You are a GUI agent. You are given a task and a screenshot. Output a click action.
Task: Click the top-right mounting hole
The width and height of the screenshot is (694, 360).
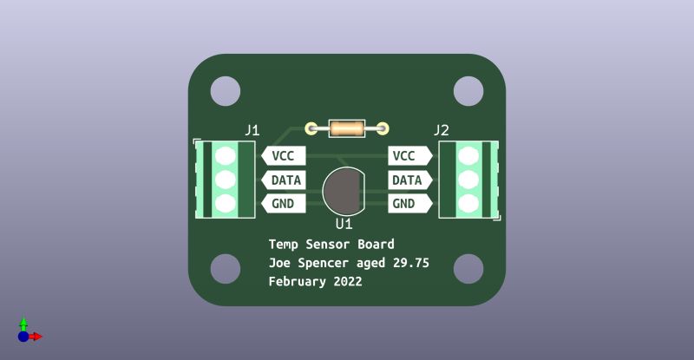point(468,91)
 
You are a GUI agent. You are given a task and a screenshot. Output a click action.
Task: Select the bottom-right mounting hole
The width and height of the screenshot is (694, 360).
point(468,269)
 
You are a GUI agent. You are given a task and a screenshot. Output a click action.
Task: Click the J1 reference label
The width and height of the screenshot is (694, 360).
point(252,130)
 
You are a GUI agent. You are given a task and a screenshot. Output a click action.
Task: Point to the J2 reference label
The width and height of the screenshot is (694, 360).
point(441,130)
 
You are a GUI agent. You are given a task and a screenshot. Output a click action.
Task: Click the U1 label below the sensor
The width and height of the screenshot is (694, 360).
point(344,224)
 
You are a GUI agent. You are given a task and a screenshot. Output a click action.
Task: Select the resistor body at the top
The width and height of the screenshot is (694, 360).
point(347,130)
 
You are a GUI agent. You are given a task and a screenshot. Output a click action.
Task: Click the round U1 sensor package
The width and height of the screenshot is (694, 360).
point(344,191)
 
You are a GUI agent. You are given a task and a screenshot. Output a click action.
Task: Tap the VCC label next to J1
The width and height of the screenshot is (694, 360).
point(283,156)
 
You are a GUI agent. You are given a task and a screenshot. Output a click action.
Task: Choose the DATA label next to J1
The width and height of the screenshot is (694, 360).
point(285,180)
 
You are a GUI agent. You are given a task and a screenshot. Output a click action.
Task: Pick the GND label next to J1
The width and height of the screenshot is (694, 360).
point(283,204)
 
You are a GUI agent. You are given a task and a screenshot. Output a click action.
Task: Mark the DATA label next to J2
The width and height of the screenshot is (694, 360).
point(407,180)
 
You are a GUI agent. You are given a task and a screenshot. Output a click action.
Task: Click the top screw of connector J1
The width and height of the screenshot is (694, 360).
point(226,156)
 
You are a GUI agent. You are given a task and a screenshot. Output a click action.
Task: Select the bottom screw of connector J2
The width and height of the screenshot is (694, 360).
point(469,204)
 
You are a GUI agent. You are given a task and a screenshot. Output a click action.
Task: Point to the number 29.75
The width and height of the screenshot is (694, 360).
point(411,263)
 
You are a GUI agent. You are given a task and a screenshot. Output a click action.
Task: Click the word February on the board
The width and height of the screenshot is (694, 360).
point(297,282)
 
